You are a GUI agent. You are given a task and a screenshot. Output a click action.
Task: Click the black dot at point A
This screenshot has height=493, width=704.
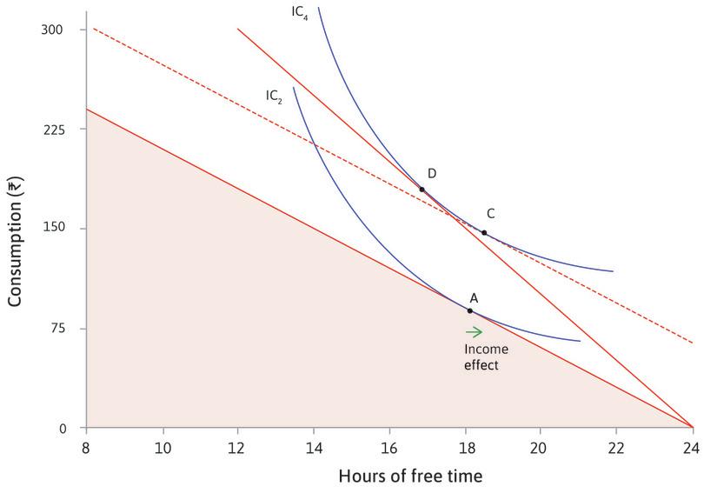(x=470, y=310)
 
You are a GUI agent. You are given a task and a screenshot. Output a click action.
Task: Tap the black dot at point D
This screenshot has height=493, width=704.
(x=422, y=189)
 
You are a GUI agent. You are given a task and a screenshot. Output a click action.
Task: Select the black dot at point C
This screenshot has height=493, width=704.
(x=484, y=233)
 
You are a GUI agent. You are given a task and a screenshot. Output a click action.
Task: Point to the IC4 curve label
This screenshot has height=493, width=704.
(x=300, y=12)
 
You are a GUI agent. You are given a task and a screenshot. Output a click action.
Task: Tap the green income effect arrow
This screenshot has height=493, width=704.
(x=474, y=331)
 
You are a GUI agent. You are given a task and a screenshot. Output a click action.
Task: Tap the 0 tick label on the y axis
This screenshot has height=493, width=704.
(x=63, y=428)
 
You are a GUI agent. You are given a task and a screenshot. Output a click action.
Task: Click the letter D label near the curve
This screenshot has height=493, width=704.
(x=432, y=174)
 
